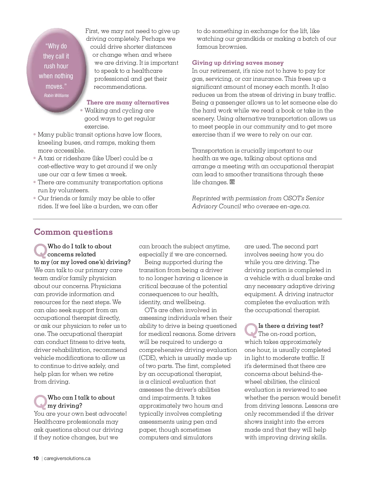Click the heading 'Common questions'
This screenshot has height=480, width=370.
[x=73, y=232]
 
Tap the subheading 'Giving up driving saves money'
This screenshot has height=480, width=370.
[x=238, y=63]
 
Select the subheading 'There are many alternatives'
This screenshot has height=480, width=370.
[x=128, y=103]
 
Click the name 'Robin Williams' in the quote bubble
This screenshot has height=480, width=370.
[x=56, y=96]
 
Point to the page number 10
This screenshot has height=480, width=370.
[x=36, y=458]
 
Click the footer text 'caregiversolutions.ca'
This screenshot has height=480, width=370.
[x=67, y=458]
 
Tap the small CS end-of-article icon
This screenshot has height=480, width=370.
[x=232, y=182]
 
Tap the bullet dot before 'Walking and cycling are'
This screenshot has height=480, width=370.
[x=81, y=110]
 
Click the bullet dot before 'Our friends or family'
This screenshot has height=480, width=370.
[x=35, y=198]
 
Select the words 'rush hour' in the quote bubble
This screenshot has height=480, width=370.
[x=56, y=66]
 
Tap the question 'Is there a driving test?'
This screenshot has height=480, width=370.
[x=291, y=326]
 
